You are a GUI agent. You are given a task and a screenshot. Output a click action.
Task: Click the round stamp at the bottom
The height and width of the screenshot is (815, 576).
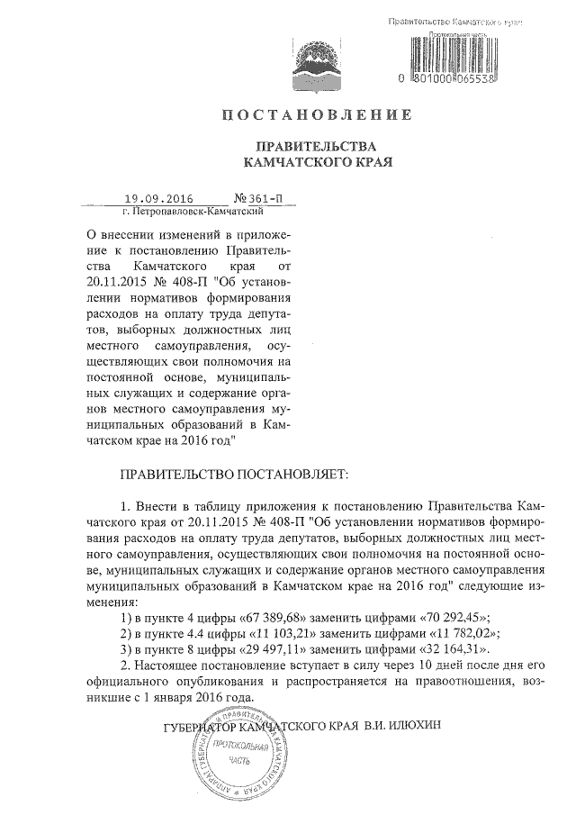[x=236, y=756]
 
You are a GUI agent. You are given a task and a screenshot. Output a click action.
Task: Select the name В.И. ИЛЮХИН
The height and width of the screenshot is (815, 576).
[x=404, y=723]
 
